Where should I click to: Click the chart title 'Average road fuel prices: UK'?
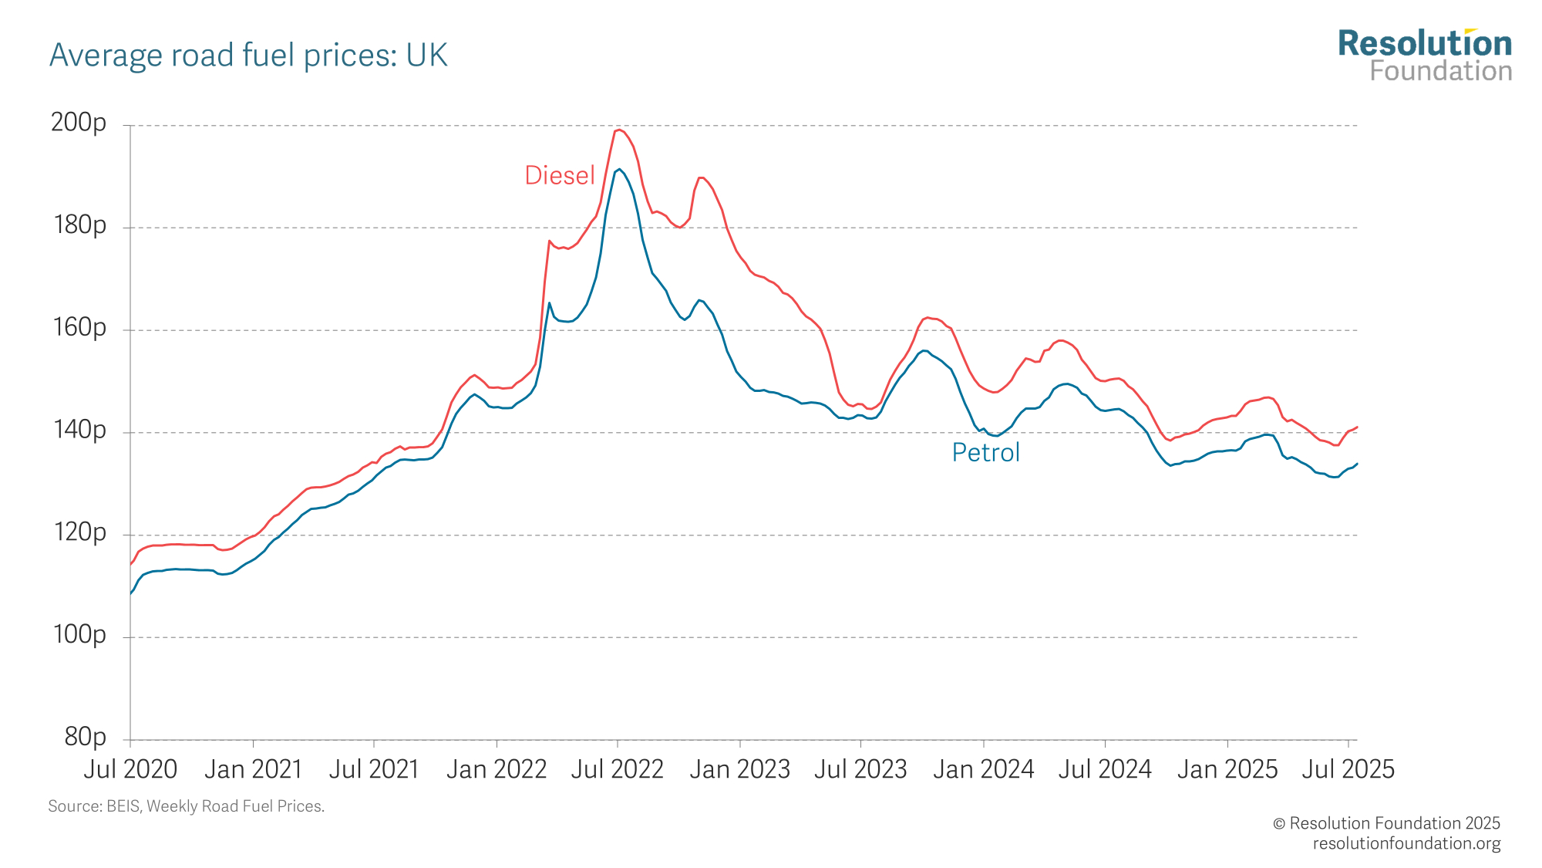coord(248,56)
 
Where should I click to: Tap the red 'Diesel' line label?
coord(559,176)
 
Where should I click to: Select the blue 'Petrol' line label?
coord(985,453)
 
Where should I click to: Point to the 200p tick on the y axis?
coord(79,123)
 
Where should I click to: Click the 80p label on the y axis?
coord(85,737)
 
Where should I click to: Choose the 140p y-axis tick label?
coord(79,430)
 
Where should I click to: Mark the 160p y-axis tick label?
coord(79,327)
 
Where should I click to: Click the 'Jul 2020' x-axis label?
coord(130,769)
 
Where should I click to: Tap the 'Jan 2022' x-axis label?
coord(497,769)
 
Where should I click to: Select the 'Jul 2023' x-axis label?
coord(860,769)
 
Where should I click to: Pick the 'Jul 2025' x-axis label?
coord(1348,769)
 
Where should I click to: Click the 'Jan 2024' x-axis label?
coord(983,769)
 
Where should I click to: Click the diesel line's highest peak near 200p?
coord(618,130)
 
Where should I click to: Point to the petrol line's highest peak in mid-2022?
coord(619,169)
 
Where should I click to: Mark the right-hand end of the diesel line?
coord(1356,427)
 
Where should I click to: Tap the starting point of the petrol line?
coord(130,593)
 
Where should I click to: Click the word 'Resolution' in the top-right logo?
coord(1425,44)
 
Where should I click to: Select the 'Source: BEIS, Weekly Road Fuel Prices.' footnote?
coord(186,806)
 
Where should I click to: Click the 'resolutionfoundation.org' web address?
coord(1406,843)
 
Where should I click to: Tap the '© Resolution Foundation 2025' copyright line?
coord(1386,823)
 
